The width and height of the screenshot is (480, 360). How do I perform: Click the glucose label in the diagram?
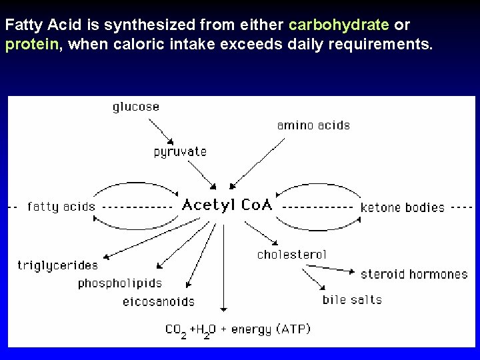[136, 107]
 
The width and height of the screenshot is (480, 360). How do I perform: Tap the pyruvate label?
[180, 152]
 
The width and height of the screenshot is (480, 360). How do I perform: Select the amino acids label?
[313, 125]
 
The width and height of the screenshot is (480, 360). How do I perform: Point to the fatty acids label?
[61, 207]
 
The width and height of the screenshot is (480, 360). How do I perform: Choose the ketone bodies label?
[402, 207]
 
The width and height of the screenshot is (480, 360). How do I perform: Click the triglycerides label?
[57, 265]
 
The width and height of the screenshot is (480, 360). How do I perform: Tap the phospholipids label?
[119, 283]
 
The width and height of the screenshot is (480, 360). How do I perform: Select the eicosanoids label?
[159, 301]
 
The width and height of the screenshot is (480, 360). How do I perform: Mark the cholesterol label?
[292, 254]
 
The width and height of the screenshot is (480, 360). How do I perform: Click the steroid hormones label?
[414, 274]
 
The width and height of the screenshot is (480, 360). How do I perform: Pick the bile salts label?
[352, 299]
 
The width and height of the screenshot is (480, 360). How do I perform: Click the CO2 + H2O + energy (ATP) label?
[237, 329]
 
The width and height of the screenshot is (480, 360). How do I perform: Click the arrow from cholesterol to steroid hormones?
[330, 268]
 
